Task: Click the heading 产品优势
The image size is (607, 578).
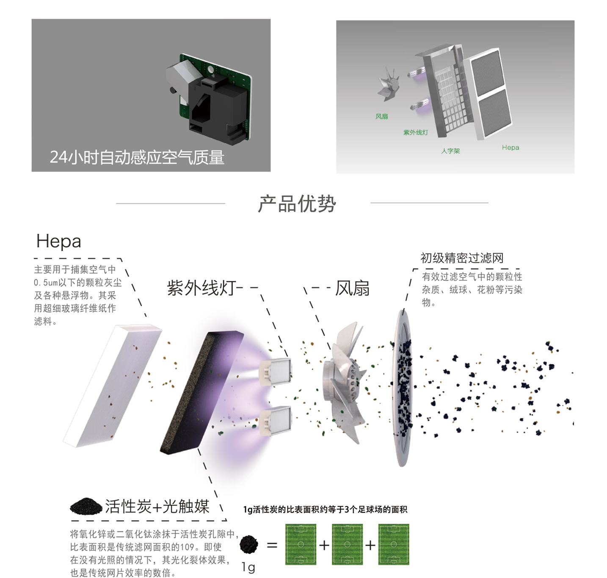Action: (297, 204)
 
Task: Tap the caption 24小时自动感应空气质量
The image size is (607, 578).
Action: (137, 157)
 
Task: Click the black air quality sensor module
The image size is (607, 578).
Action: (216, 106)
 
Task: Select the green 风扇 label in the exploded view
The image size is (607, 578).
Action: (381, 116)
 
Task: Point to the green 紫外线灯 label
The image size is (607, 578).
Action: (415, 132)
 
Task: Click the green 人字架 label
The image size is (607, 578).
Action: (450, 151)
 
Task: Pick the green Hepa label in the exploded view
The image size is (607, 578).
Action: (510, 148)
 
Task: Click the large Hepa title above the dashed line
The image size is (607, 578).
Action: (58, 241)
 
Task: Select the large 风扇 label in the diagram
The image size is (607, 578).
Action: (352, 288)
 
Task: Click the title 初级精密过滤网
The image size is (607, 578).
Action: (462, 258)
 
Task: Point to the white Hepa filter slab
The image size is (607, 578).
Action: (113, 385)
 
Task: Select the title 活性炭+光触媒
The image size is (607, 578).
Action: (157, 506)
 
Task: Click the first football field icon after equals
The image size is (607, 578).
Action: (301, 544)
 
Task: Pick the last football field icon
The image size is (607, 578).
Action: (393, 544)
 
